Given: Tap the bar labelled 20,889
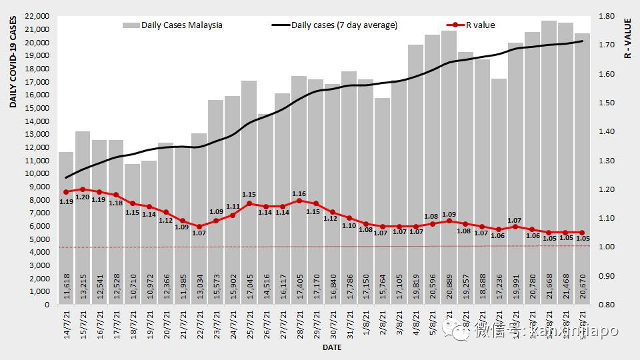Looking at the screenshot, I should click(x=449, y=167).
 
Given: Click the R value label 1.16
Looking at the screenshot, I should click(x=299, y=193).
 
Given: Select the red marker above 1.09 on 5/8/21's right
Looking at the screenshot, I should click(x=449, y=221).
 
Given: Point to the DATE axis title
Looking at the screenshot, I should click(x=331, y=348).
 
